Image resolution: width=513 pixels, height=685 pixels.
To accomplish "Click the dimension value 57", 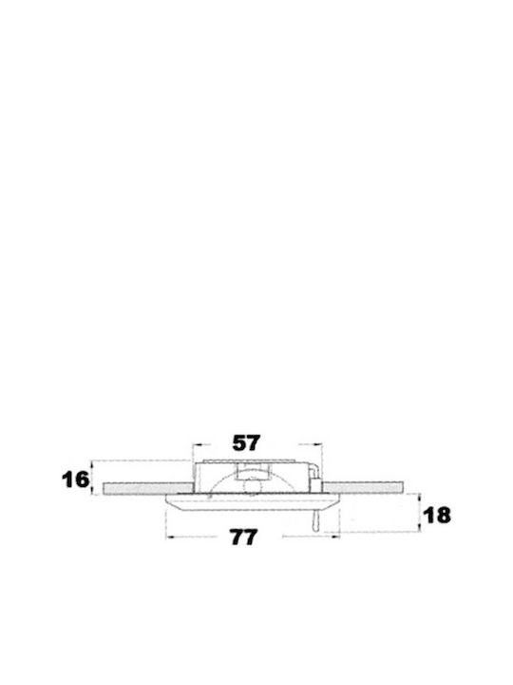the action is click(246, 443).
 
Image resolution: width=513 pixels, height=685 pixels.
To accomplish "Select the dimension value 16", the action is click(75, 479).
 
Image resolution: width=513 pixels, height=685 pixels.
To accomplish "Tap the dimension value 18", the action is click(437, 516).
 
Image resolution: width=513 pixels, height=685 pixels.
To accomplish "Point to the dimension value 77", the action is click(244, 537).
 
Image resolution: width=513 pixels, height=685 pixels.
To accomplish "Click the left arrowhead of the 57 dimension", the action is click(198, 444).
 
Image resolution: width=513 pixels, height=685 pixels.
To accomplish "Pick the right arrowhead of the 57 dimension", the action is click(317, 444).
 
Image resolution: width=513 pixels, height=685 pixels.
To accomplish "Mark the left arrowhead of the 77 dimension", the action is click(172, 537).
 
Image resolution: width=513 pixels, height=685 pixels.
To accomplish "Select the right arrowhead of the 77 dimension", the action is click(334, 537).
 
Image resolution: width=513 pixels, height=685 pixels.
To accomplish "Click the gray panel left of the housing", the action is click(148, 488).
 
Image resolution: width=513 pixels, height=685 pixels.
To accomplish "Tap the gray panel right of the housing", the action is click(363, 487).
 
